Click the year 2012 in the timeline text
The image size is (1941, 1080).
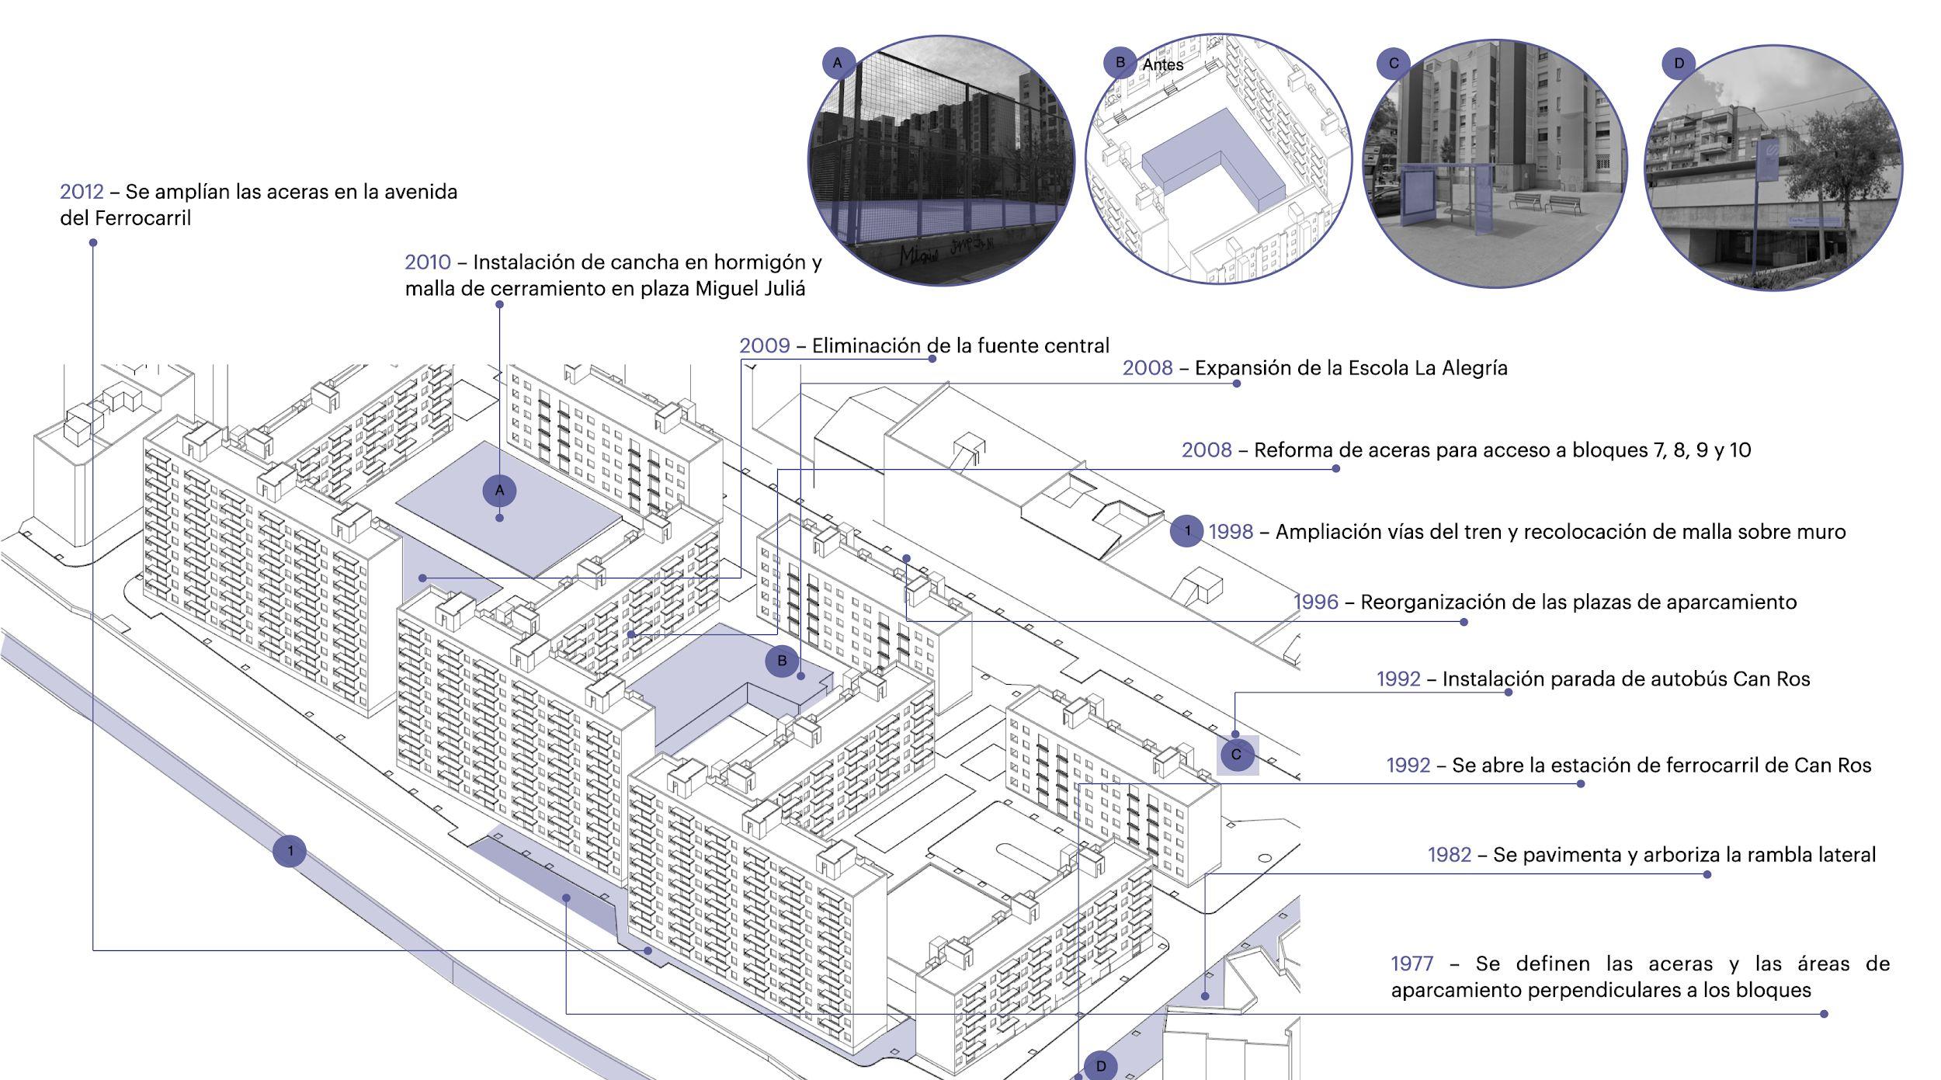(82, 192)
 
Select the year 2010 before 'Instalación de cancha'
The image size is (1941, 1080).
(427, 262)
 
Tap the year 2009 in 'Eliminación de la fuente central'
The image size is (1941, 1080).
(764, 346)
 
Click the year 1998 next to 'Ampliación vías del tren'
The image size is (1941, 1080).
(1231, 532)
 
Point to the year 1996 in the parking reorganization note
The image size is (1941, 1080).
(1316, 602)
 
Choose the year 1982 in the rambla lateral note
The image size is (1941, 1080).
(1450, 855)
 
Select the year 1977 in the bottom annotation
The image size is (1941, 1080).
(1411, 964)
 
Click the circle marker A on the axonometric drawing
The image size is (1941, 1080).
(500, 491)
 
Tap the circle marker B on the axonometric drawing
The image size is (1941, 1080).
(782, 661)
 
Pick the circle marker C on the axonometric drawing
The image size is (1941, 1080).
(1236, 754)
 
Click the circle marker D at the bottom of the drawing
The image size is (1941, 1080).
(1100, 1066)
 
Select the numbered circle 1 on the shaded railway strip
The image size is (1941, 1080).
(290, 851)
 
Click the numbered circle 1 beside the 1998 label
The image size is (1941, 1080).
(1186, 531)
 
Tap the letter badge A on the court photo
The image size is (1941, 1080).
(838, 63)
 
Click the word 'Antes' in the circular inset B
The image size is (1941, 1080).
(1162, 65)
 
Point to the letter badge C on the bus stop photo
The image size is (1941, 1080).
(1393, 63)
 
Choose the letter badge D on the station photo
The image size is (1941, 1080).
(1679, 63)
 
